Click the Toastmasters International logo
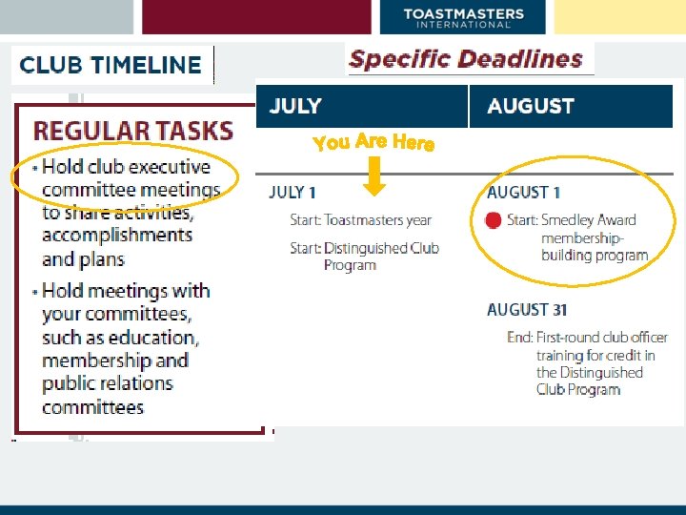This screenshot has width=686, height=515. pos(463,17)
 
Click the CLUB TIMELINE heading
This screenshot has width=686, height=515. pos(111,66)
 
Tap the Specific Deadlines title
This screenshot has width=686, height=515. pos(466,59)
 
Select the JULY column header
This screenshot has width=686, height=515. pos(295,106)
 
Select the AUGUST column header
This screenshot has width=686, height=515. pos(530,106)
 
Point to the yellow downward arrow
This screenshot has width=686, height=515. pos(374,175)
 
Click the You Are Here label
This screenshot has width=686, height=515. pos(373,142)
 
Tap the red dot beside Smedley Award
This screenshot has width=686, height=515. pos(493,220)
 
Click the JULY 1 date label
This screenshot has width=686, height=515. pos(293,193)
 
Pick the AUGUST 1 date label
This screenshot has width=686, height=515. pos(523,193)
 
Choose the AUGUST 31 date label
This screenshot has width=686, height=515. pos(527,310)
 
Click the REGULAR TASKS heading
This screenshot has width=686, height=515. pos(133,131)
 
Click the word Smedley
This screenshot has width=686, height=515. pos(569,220)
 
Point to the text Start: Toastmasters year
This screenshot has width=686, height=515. pos(361,220)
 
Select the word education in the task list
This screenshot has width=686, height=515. pos(157,338)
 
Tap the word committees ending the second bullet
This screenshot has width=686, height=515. pos(92,407)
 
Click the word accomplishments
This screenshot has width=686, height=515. pos(116,236)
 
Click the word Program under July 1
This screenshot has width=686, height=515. pos(350,265)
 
